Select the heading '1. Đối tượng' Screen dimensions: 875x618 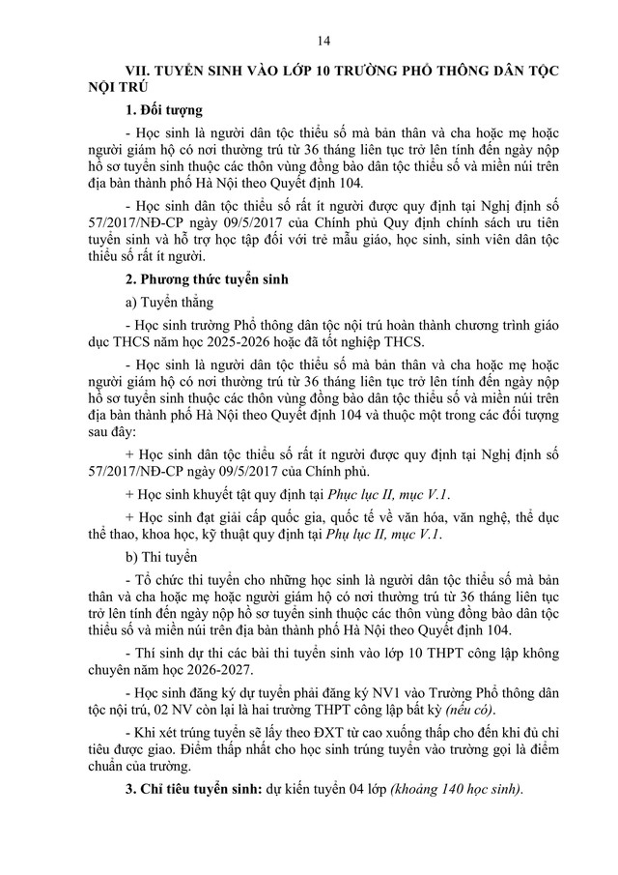[x=164, y=110]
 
